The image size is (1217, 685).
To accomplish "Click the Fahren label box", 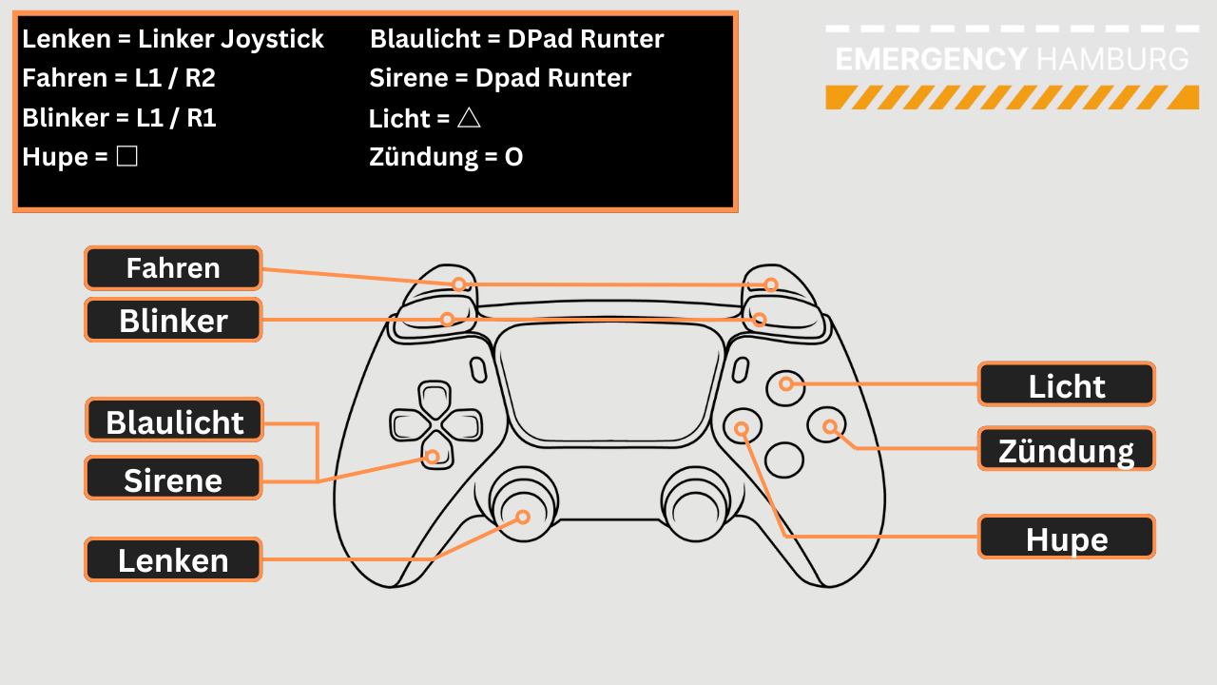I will pos(173,268).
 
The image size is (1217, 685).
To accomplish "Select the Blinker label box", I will pos(173,321).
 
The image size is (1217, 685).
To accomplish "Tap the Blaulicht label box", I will pos(175,421).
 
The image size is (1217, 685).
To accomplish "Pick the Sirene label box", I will pos(173,479).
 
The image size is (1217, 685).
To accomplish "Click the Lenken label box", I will pos(173,560).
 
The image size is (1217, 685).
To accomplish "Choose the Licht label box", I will pos(1067,385).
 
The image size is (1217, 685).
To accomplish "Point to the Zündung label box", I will pos(1067,449).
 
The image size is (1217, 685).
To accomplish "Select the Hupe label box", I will pos(1067,538).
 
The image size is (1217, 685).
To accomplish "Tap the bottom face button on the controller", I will pos(784,460).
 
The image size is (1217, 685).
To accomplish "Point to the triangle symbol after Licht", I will pos(468,118).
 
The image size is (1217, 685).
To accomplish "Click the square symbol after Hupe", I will pos(127,157).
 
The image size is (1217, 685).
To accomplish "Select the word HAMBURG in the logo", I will pos(1112,59).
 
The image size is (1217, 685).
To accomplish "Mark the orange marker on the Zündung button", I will pos(830,427).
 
